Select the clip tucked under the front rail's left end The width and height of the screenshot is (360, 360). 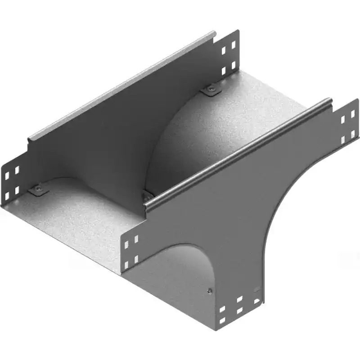146,196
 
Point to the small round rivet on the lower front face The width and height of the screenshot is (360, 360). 208,291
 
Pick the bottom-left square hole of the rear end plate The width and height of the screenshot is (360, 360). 224,71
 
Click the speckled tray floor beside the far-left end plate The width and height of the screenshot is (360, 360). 76,216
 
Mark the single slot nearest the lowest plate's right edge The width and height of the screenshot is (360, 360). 257,301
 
